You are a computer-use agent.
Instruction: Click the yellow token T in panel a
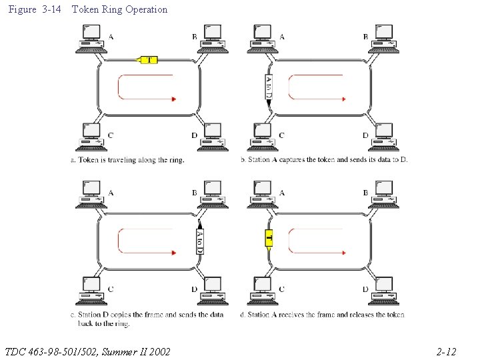pos(147,60)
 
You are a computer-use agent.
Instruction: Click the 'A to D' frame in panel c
pos(199,239)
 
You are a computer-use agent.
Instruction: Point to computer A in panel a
pos(90,39)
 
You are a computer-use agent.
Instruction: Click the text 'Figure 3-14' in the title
pos(31,9)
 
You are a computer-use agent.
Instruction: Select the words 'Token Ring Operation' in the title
pos(119,9)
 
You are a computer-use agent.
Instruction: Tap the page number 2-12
pos(446,351)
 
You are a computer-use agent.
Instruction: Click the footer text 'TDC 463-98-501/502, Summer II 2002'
pos(87,351)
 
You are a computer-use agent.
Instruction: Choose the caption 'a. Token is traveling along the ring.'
pos(127,160)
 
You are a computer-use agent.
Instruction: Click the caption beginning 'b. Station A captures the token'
pos(323,160)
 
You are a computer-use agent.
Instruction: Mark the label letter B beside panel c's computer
pos(194,193)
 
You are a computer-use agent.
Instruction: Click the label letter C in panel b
pos(281,135)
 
